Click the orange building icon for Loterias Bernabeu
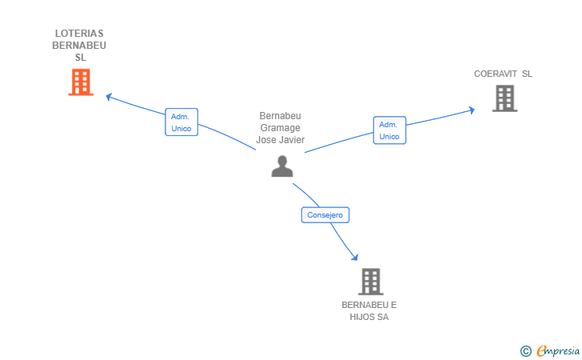(x=81, y=82)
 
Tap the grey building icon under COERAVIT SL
(x=504, y=98)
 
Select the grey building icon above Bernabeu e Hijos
(x=370, y=282)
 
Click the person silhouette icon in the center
(x=282, y=166)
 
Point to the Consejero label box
(x=325, y=214)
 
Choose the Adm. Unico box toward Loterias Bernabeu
(x=181, y=122)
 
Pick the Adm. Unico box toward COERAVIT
(x=389, y=130)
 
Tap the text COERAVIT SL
(x=503, y=74)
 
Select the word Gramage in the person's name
(x=281, y=128)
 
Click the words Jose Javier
(x=281, y=140)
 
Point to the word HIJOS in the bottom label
(x=362, y=317)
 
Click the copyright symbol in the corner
(x=525, y=350)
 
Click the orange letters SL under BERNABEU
(x=80, y=58)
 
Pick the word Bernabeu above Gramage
(x=281, y=116)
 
